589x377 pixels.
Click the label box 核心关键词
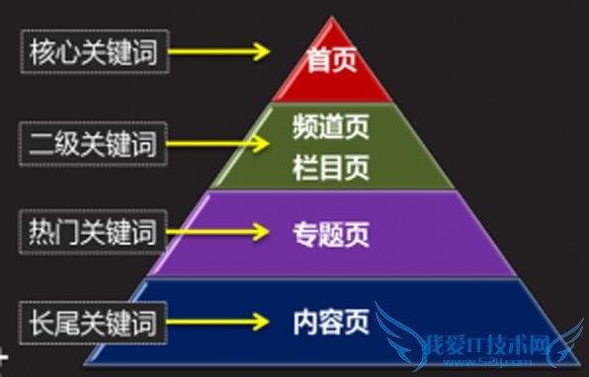click(x=93, y=52)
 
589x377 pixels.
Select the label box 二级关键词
click(x=93, y=144)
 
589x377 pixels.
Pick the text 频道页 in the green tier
click(x=331, y=127)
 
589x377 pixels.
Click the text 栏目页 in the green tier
click(x=331, y=167)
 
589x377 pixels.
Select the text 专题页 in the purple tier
click(x=331, y=235)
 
